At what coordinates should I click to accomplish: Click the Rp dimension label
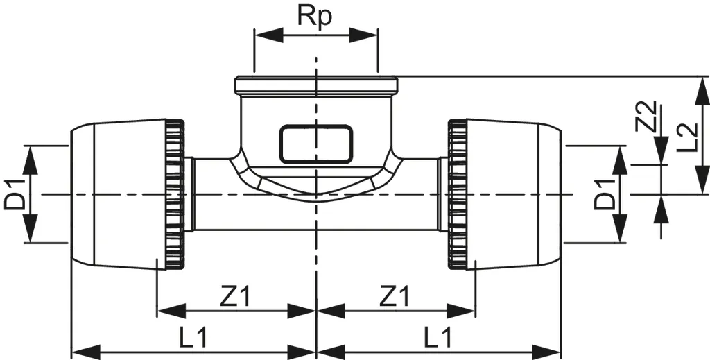click(x=315, y=16)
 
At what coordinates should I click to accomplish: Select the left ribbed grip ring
click(x=175, y=195)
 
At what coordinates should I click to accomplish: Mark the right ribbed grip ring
click(x=457, y=195)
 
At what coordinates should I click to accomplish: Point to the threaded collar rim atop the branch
click(x=316, y=86)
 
